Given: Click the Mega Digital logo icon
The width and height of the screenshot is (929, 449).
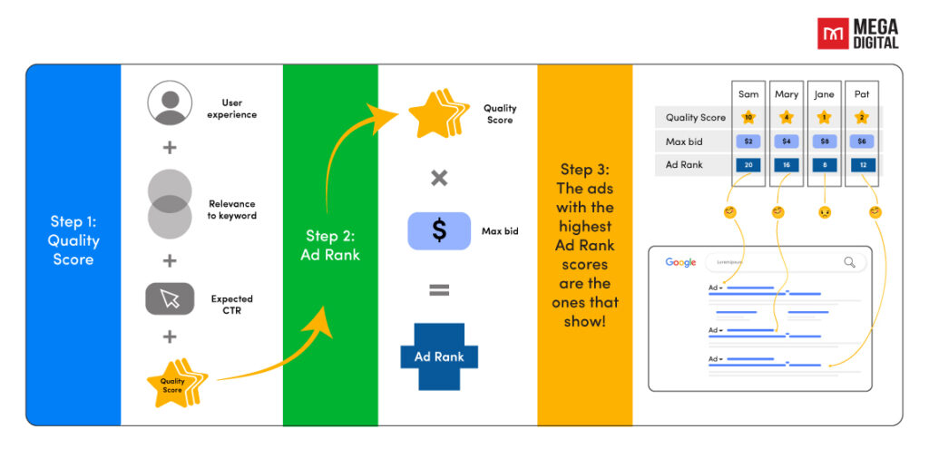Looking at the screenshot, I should point(830,34).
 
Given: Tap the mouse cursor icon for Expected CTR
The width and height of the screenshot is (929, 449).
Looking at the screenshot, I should point(170,299).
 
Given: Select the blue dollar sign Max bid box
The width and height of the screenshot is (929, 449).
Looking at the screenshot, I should point(439,231).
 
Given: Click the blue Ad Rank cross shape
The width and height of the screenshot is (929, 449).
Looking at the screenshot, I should point(439,356).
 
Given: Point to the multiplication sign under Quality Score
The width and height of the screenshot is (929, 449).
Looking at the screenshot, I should point(439,178).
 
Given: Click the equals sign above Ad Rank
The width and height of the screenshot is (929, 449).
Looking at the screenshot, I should point(439,291).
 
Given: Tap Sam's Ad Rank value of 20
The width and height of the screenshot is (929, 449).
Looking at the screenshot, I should point(748,165).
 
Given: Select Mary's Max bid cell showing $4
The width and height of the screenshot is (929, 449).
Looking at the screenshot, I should point(786,142).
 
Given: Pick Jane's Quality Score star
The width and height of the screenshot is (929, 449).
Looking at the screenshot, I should point(824,117).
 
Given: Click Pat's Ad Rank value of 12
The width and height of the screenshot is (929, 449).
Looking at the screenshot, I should point(862,165).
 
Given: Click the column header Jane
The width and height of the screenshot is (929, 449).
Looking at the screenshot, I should point(824,93).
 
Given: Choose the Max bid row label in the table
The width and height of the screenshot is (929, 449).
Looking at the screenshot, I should point(684,142).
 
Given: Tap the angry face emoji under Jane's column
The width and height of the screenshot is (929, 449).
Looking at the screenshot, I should point(824,212).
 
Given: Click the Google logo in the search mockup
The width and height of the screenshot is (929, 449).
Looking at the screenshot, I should point(680,262).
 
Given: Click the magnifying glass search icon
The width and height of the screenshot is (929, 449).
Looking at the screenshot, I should point(849,262).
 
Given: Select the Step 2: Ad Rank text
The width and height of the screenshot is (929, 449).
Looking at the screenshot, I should point(330,246).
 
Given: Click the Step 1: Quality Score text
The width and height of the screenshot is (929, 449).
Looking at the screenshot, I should point(73,240).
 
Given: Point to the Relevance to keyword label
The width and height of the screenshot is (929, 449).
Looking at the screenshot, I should point(231,210).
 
